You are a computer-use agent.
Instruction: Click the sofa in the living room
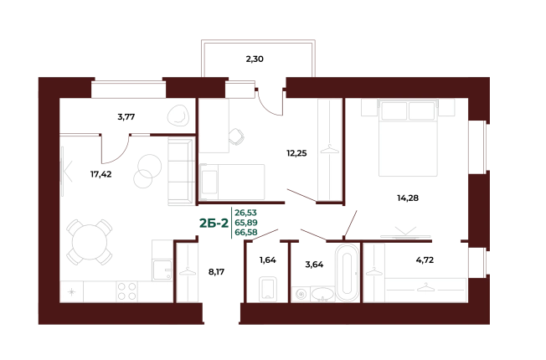pyautogui.click(x=181, y=172)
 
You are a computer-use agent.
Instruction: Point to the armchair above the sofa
pyautogui.click(x=178, y=115)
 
